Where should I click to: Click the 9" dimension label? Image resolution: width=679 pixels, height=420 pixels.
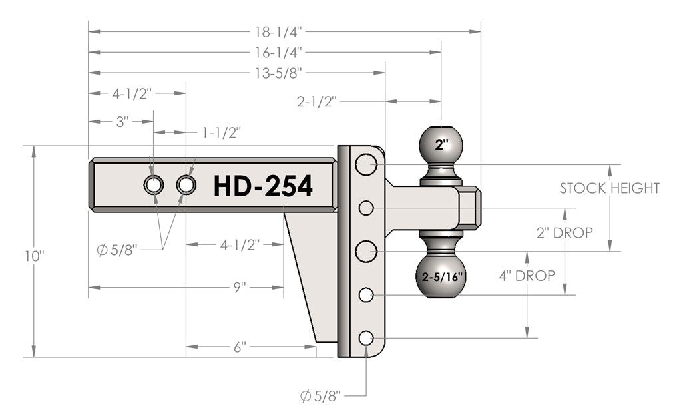(x=240, y=287)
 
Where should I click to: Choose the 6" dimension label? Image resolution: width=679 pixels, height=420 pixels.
(x=240, y=347)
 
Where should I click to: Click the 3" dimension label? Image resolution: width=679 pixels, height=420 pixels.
(x=122, y=122)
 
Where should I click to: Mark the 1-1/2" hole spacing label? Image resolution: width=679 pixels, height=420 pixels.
(x=220, y=132)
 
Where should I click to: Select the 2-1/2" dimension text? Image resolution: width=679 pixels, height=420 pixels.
(x=318, y=102)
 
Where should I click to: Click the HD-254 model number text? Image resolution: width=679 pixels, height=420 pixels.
(x=263, y=187)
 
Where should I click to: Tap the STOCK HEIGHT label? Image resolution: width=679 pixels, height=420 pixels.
(x=609, y=188)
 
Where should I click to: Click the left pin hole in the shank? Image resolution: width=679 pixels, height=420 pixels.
(x=153, y=185)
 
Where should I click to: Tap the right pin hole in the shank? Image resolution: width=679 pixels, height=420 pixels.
(x=186, y=185)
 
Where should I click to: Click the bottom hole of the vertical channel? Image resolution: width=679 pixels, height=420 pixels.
(x=366, y=338)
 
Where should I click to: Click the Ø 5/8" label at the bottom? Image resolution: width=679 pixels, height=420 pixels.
(x=321, y=397)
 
